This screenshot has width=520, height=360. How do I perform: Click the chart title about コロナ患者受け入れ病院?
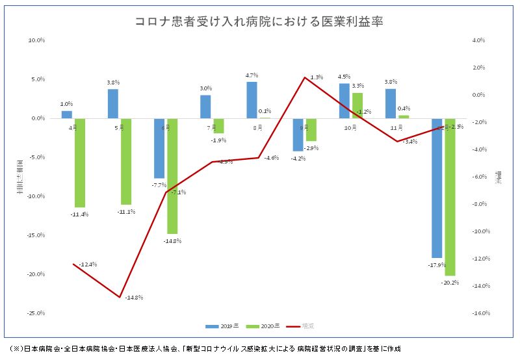click(x=259, y=21)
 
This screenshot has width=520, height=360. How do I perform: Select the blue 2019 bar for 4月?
click(x=67, y=114)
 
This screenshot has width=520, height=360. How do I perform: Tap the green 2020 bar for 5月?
click(x=126, y=161)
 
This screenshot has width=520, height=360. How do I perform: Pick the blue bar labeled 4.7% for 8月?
click(x=252, y=100)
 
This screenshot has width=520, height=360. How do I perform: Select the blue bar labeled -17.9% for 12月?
click(x=437, y=188)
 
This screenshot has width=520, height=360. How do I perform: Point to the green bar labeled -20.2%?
click(x=450, y=197)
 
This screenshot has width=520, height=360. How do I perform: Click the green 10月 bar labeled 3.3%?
click(x=357, y=106)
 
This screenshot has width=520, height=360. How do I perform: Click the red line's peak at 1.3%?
click(x=305, y=77)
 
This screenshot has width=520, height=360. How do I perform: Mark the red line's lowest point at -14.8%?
click(x=120, y=297)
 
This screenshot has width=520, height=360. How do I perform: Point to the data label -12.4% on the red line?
click(x=87, y=264)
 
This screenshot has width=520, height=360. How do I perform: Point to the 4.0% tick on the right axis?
click(x=480, y=40)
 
